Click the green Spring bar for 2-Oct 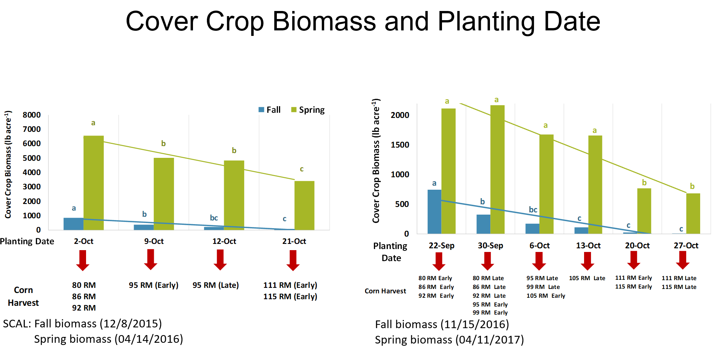(x=93, y=183)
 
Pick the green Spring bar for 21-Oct (x=304, y=205)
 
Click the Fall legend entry (x=270, y=110)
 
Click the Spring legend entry (x=308, y=110)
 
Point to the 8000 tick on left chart (x=31, y=115)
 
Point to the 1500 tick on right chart (x=400, y=145)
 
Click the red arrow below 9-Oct (x=151, y=260)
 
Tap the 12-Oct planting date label (x=224, y=241)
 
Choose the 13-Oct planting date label (x=588, y=246)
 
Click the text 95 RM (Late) (x=216, y=285)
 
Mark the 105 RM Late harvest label (x=587, y=278)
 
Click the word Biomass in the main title (x=324, y=21)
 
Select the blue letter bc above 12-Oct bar (x=214, y=218)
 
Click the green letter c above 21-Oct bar (x=302, y=169)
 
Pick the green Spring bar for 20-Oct (x=644, y=211)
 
